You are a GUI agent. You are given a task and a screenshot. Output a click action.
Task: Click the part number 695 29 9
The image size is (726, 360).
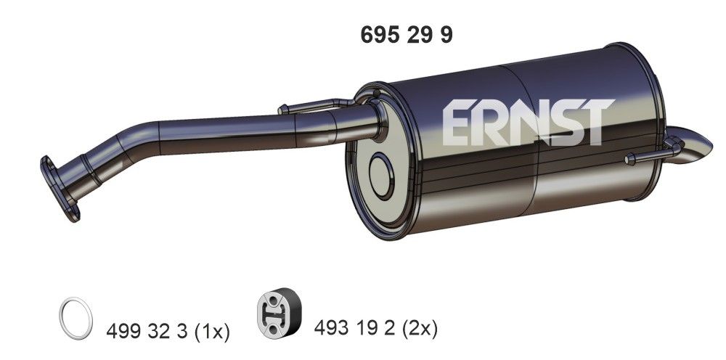pyautogui.click(x=406, y=35)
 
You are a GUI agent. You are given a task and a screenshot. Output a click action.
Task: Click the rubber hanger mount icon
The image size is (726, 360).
pyautogui.click(x=280, y=317)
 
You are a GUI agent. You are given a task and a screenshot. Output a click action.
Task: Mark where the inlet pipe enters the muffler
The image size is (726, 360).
pyautogui.click(x=376, y=120)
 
